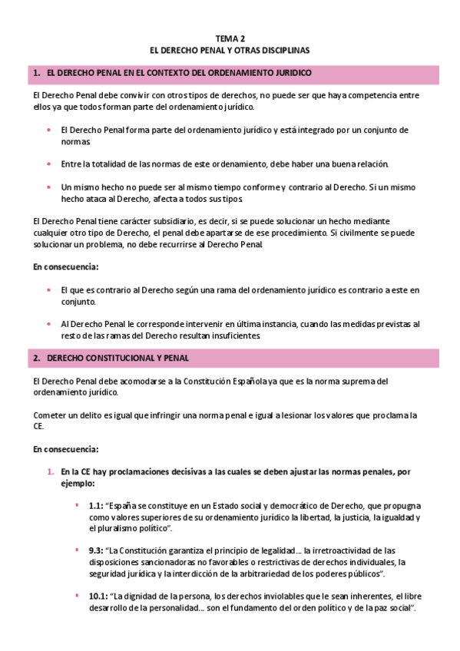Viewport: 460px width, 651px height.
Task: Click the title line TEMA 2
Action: point(230,38)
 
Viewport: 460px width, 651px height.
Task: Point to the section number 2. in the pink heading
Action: point(36,359)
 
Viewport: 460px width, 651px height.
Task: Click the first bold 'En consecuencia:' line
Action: point(65,267)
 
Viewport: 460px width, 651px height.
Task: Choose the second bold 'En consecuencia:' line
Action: point(65,449)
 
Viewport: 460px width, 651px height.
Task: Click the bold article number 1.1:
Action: point(96,507)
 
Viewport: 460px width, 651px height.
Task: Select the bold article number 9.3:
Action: point(96,551)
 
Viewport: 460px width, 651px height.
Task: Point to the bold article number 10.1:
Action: point(98,596)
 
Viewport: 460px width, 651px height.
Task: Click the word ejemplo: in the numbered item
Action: point(78,484)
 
